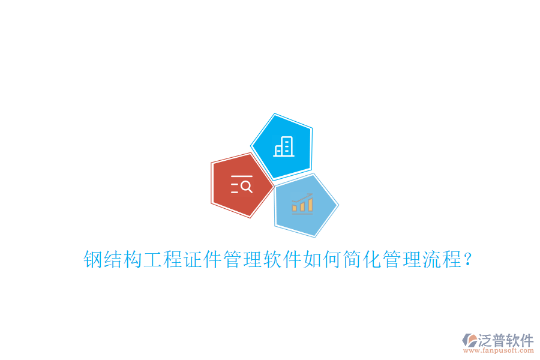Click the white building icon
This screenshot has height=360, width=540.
[284, 146]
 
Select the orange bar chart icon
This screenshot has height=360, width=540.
[302, 204]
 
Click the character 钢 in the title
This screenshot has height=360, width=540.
[92, 260]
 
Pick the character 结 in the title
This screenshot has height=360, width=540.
[112, 260]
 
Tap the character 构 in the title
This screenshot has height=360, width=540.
[132, 260]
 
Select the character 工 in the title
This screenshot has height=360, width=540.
[152, 260]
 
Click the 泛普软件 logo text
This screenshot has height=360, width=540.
[506, 340]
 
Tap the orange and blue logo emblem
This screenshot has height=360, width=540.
[469, 340]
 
